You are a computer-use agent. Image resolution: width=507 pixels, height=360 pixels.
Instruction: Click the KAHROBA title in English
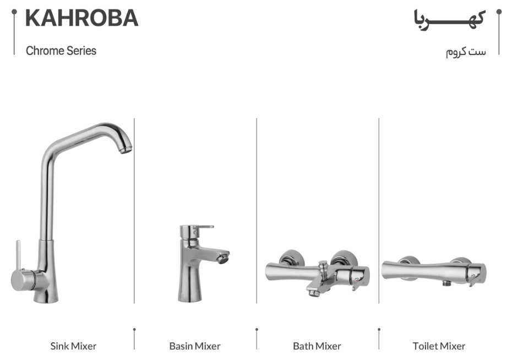[82, 18]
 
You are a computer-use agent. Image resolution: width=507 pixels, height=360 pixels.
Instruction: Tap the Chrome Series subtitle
[61, 51]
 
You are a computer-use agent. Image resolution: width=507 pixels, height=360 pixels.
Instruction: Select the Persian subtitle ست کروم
[466, 52]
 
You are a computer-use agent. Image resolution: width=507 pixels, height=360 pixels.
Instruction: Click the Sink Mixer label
[73, 346]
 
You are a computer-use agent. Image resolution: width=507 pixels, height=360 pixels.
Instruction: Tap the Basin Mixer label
[195, 346]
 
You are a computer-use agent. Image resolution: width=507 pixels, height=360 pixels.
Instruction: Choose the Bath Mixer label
[317, 346]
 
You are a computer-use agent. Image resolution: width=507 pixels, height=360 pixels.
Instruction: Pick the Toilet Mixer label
[439, 346]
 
